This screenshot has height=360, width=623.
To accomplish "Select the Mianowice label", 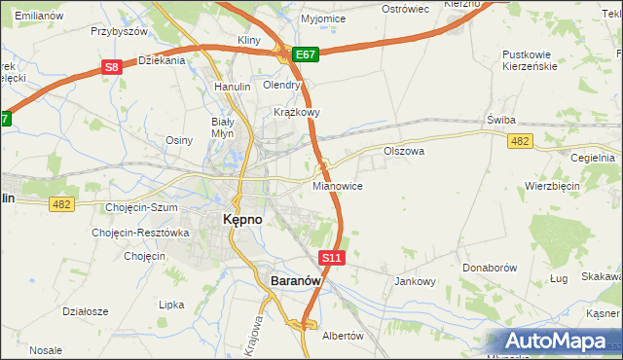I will (339, 185).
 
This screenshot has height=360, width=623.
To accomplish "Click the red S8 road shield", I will (113, 67).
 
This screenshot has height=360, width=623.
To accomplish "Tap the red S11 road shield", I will (332, 258).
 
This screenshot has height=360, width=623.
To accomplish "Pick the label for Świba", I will (501, 120).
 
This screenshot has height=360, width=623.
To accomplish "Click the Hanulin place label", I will (233, 87).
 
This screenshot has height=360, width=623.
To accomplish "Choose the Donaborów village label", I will (492, 266).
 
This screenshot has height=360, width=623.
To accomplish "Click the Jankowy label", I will (415, 281).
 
